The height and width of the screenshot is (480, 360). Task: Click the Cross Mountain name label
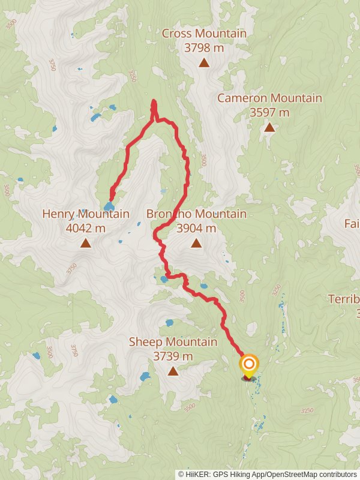click(204, 34)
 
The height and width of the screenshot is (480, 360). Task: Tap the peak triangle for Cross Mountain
click(204, 62)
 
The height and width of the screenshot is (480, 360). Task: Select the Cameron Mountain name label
click(269, 98)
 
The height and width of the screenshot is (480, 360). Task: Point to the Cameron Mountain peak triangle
click(269, 127)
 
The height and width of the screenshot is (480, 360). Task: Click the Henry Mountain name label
click(86, 214)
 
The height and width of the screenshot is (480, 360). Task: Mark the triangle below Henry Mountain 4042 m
click(86, 243)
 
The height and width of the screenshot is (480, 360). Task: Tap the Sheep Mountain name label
click(173, 342)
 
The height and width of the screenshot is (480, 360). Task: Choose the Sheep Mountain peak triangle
click(173, 371)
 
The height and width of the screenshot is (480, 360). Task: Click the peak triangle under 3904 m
click(196, 243)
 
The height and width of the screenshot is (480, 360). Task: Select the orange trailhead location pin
click(248, 365)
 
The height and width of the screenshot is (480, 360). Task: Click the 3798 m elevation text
click(204, 47)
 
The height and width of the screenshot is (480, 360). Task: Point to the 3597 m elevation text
click(269, 112)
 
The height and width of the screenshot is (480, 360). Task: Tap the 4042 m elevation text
click(86, 228)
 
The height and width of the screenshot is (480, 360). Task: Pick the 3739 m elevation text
click(173, 356)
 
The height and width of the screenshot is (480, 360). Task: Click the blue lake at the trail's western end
click(109, 207)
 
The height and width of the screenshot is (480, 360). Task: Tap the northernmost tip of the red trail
click(154, 101)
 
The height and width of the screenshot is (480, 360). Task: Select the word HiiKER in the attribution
click(197, 475)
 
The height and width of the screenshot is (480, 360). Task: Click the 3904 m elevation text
click(196, 228)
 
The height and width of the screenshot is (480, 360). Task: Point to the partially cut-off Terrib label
click(344, 299)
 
